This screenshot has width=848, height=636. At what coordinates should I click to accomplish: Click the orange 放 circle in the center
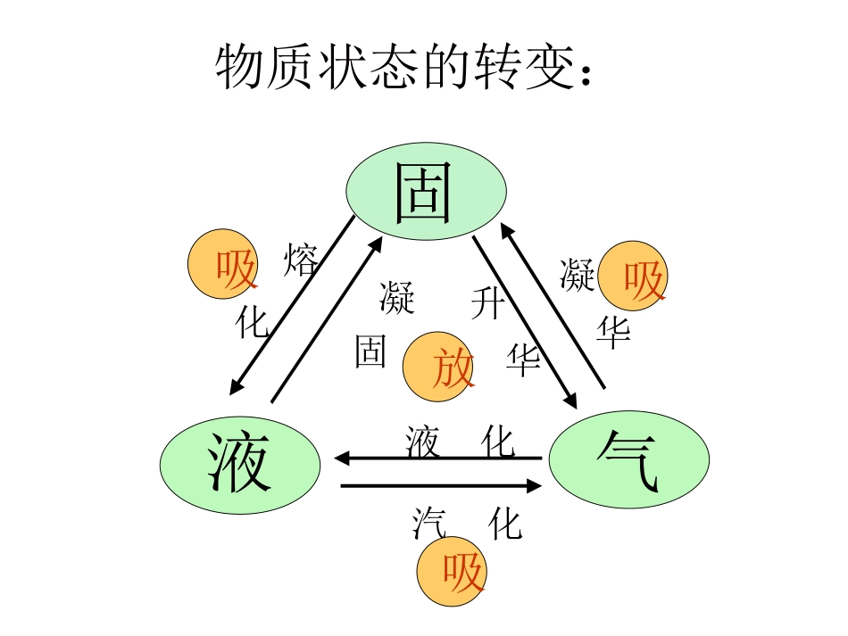439,368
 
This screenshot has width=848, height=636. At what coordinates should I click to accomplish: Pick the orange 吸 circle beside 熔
223,265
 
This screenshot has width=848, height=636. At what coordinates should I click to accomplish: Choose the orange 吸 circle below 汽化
453,571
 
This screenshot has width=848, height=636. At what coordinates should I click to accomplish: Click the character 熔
300,261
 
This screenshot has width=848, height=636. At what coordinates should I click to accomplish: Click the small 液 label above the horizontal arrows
422,441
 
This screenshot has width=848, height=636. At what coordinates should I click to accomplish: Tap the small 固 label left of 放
370,351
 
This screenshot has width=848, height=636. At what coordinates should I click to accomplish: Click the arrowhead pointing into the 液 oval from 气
342,458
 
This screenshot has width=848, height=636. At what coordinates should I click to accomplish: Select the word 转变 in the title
519,66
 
